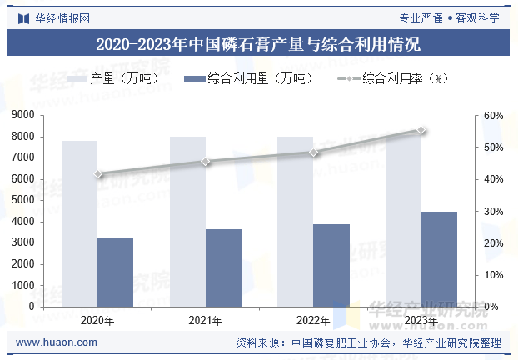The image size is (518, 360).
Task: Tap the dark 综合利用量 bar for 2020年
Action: [x=115, y=272]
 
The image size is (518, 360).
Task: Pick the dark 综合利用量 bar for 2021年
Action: [x=223, y=267]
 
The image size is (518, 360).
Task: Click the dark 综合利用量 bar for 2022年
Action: [x=331, y=265]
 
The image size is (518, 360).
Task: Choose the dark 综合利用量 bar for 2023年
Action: [x=439, y=259]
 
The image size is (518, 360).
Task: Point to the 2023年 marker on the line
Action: [x=421, y=130]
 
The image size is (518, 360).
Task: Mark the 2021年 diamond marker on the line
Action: [x=206, y=161]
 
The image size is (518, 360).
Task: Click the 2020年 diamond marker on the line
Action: [x=98, y=174]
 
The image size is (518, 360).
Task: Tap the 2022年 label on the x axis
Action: [x=313, y=320]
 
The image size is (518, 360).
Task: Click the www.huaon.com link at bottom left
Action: [x=57, y=342]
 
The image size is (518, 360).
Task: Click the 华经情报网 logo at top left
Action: [x=54, y=18]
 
